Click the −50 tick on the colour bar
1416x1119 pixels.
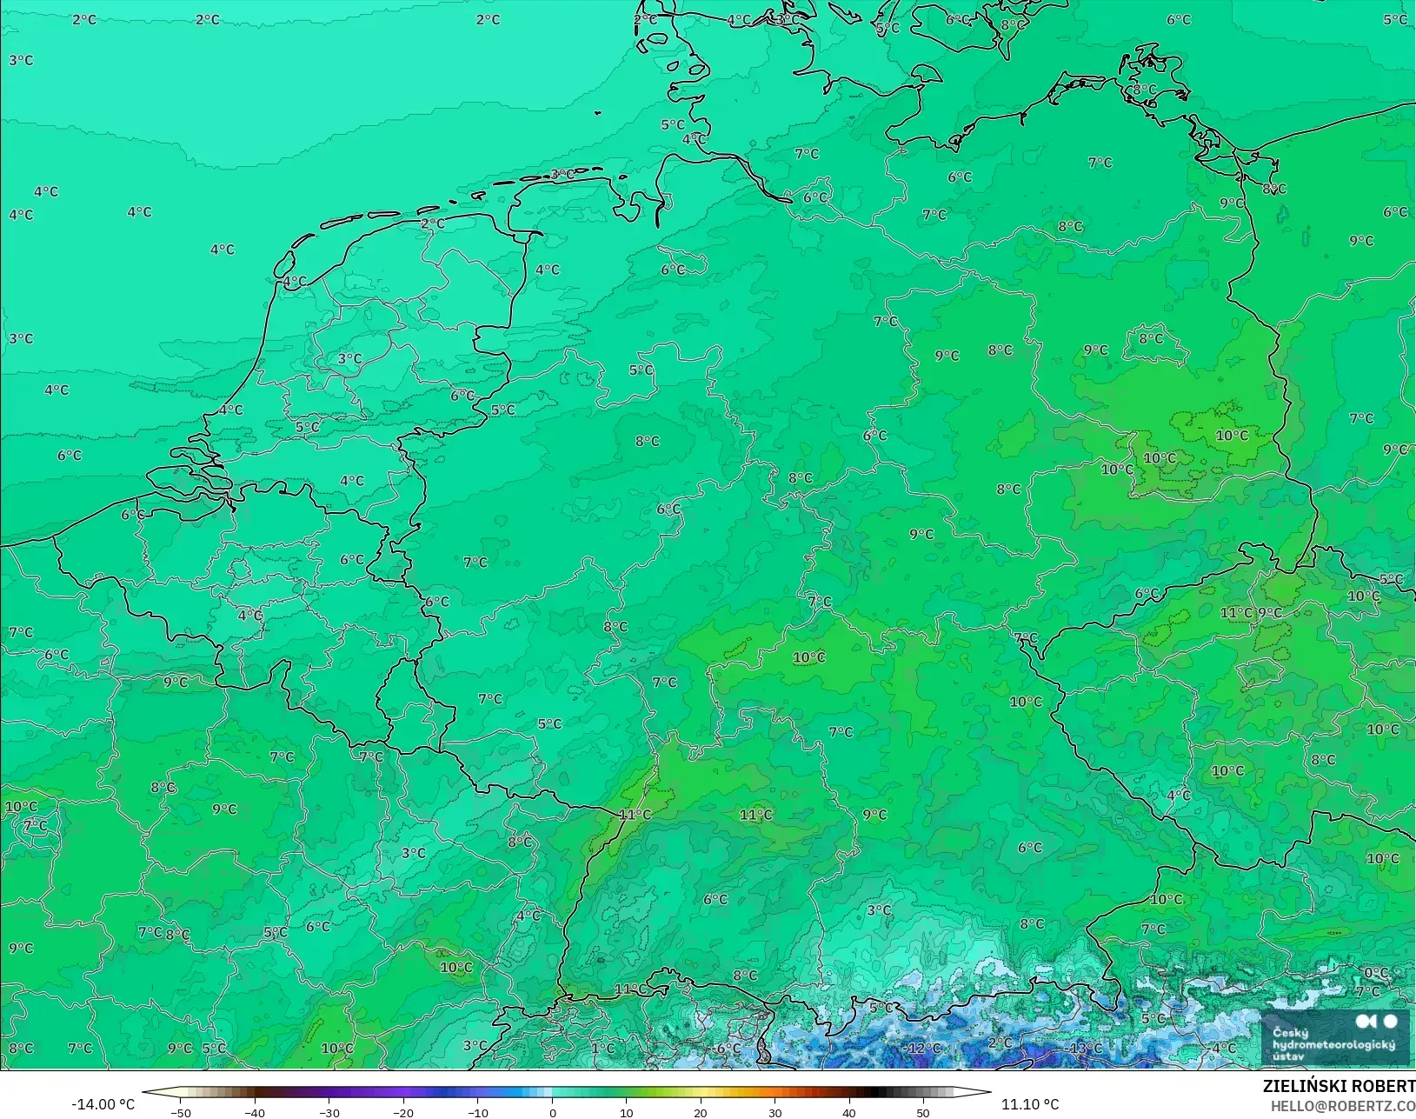point(180,1112)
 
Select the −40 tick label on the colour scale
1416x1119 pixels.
point(254,1112)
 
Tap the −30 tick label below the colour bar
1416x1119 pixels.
point(329,1112)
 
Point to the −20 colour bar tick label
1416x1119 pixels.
point(402,1112)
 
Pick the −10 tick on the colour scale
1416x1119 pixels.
point(477,1112)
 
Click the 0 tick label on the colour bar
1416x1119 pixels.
point(552,1112)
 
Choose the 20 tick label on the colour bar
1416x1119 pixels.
point(701,1112)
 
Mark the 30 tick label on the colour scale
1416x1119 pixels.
point(774,1112)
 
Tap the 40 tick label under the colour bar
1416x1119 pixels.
point(849,1112)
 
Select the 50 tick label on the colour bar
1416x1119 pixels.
point(923,1112)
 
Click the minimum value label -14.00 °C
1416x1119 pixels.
point(103,1104)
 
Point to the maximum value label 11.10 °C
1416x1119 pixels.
point(1030,1104)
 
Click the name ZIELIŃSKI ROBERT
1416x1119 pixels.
point(1339,1086)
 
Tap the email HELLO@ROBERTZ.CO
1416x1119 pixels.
point(1343,1106)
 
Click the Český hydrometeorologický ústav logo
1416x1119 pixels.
point(1335,1039)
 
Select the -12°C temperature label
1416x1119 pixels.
point(923,1048)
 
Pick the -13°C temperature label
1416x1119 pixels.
point(1085,1048)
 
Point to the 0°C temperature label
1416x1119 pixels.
point(1376,973)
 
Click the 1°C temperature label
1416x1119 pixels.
point(602,1048)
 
